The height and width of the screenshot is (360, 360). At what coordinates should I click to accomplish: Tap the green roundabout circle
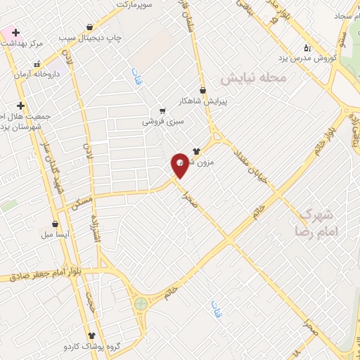click(141, 304)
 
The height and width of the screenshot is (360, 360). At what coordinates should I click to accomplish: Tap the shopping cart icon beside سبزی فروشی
click(163, 111)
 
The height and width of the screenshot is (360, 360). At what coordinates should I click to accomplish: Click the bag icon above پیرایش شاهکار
click(203, 90)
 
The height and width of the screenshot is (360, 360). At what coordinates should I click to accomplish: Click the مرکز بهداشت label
click(22, 44)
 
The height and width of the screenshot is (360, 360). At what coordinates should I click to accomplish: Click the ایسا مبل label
click(55, 233)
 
